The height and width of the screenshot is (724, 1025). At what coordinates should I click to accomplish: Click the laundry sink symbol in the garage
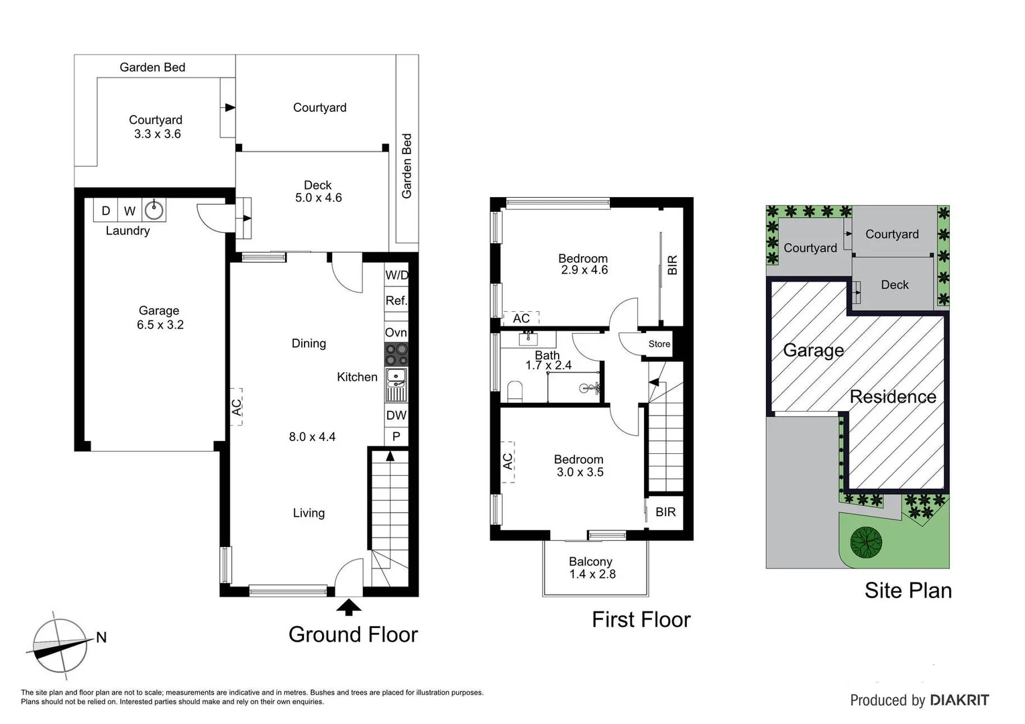[x=154, y=210]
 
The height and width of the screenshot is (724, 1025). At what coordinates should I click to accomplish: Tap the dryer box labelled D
[x=105, y=210]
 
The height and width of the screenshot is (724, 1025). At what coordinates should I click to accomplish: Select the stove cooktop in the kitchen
[x=396, y=353]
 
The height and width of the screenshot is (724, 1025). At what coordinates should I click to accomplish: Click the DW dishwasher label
[x=396, y=415]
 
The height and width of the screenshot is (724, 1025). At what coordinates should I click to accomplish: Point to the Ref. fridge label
[x=396, y=300]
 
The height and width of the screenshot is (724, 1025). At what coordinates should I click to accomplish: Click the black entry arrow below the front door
[x=348, y=607]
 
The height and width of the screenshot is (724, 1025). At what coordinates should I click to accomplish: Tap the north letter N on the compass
[x=101, y=637]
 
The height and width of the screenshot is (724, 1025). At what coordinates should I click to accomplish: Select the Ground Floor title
[x=353, y=634]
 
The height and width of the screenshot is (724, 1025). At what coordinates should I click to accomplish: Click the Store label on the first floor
[x=659, y=344]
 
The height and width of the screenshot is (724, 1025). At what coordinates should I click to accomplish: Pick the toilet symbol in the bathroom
[x=515, y=391]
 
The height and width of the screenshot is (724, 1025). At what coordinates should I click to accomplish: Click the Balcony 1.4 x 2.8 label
[x=592, y=568]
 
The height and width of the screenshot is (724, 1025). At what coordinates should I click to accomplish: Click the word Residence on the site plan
[x=892, y=397]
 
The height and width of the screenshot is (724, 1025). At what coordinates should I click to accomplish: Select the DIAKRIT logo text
[x=959, y=701]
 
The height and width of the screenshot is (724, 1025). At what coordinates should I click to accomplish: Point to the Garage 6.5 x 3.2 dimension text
[x=160, y=324]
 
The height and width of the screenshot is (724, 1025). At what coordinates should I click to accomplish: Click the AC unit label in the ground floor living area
[x=236, y=406]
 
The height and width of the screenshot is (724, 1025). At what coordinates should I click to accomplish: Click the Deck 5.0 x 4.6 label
[x=318, y=191]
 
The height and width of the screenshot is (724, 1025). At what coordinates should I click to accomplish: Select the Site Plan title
[x=908, y=590]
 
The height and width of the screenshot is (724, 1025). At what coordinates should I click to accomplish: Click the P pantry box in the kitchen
[x=396, y=436]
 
